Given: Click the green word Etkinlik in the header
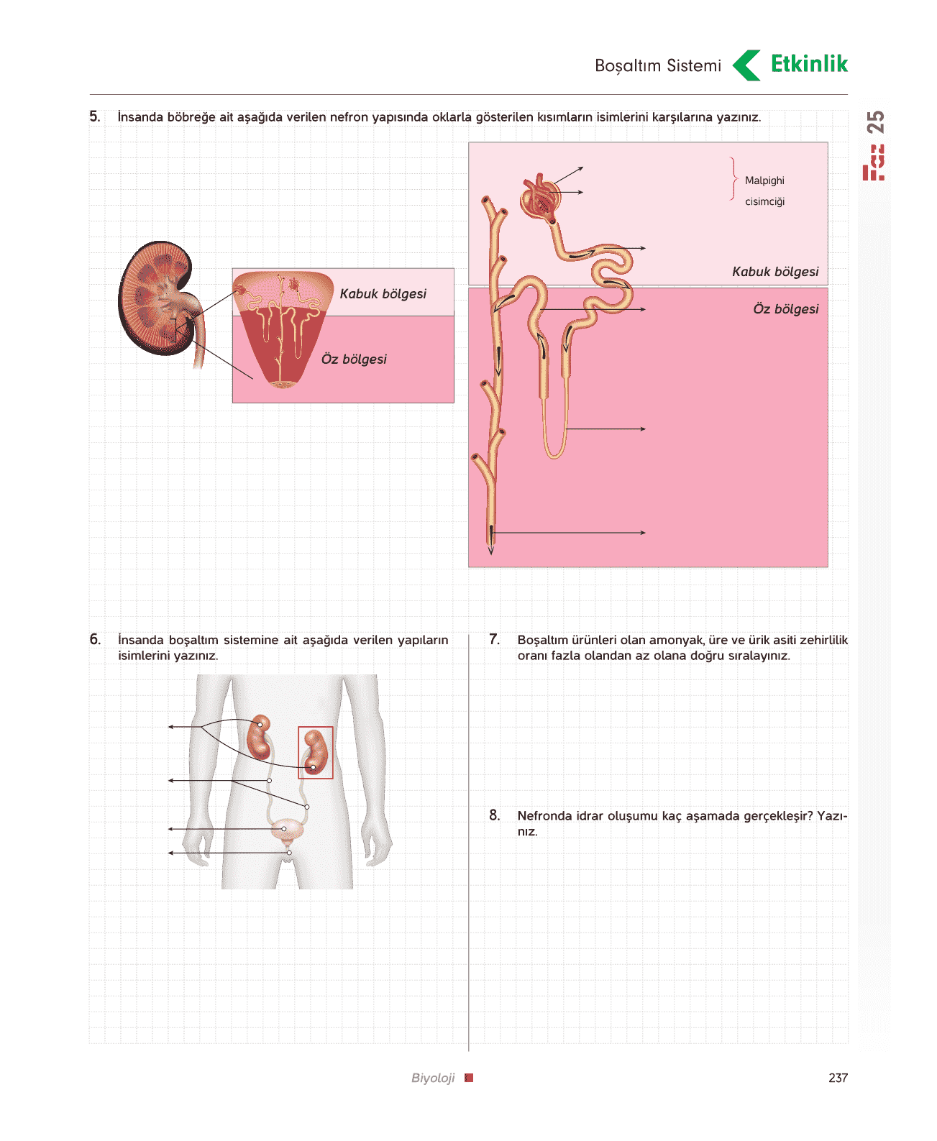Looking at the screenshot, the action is coord(808,64).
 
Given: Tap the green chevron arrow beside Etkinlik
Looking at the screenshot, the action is coord(746,65).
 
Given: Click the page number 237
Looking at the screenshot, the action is coord(838,1077).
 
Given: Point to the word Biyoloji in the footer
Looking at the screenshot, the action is coord(432,1078).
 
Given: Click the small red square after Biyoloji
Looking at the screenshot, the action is coord(469,1077).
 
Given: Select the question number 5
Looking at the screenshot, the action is coord(95,116).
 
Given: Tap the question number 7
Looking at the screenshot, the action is coord(494,639).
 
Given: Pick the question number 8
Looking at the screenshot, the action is coord(494,815).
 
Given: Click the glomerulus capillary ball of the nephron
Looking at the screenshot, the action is coord(540,198).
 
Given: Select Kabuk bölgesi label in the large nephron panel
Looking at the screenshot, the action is coord(774,272).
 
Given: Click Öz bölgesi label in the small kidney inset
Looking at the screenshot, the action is coord(354,359).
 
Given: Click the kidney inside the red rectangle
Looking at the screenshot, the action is coord(316,753).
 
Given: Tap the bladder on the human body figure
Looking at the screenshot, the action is coord(287,830).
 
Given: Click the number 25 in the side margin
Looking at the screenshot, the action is coord(874,122).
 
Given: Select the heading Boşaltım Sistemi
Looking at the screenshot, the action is coord(657,65).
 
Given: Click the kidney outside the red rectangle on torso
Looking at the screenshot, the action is coord(259,737).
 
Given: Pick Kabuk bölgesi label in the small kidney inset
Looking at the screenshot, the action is coord(383,294).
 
